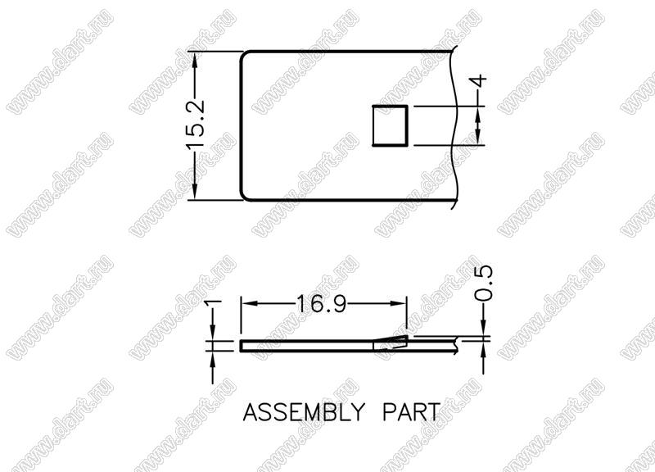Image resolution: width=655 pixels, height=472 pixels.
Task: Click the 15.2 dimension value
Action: point(196,125)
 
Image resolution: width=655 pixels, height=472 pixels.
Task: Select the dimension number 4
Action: point(481,80)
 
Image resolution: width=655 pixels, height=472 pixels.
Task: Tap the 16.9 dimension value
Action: point(321,304)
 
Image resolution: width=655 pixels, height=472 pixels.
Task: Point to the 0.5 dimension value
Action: point(484,283)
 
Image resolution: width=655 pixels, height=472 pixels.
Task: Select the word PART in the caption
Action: point(411,412)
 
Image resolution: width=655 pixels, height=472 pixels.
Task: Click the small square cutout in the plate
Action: point(390,126)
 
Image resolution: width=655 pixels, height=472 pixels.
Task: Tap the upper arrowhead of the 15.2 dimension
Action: point(195,60)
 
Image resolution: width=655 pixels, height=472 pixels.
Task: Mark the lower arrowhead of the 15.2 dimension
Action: point(195,191)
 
